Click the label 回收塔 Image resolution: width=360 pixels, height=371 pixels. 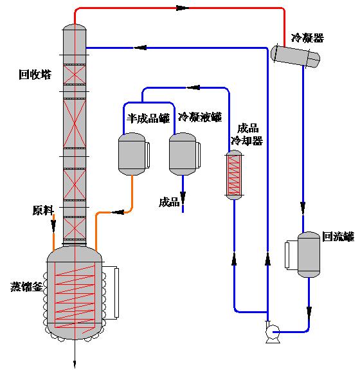coord(35,75)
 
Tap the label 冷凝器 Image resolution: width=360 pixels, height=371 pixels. coord(307,38)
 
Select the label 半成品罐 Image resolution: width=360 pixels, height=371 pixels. coord(148,118)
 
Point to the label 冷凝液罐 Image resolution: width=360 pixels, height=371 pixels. coord(200,117)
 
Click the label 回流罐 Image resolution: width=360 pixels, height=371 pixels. coord(338,237)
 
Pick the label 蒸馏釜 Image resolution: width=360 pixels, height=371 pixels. coord(26,287)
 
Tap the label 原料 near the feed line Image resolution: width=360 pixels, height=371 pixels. coord(43,210)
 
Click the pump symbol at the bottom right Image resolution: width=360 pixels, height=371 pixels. coord(272,332)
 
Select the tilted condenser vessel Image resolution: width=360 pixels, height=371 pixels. coord(295,57)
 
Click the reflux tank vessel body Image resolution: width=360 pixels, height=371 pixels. coord(309,255)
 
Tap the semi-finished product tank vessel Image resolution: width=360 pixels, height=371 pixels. coord(132,154)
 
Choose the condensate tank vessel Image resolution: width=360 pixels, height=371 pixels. coord(183,154)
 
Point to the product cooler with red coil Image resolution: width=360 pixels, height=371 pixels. coord(234,175)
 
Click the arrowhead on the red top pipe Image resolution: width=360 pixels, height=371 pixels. coord(183,8)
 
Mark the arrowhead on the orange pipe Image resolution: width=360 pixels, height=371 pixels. coord(118,212)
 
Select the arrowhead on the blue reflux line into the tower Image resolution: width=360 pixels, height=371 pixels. coord(140,48)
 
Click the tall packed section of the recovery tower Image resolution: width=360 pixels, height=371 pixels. coord(75,123)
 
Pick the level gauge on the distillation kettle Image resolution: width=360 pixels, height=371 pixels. coord(116,293)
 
